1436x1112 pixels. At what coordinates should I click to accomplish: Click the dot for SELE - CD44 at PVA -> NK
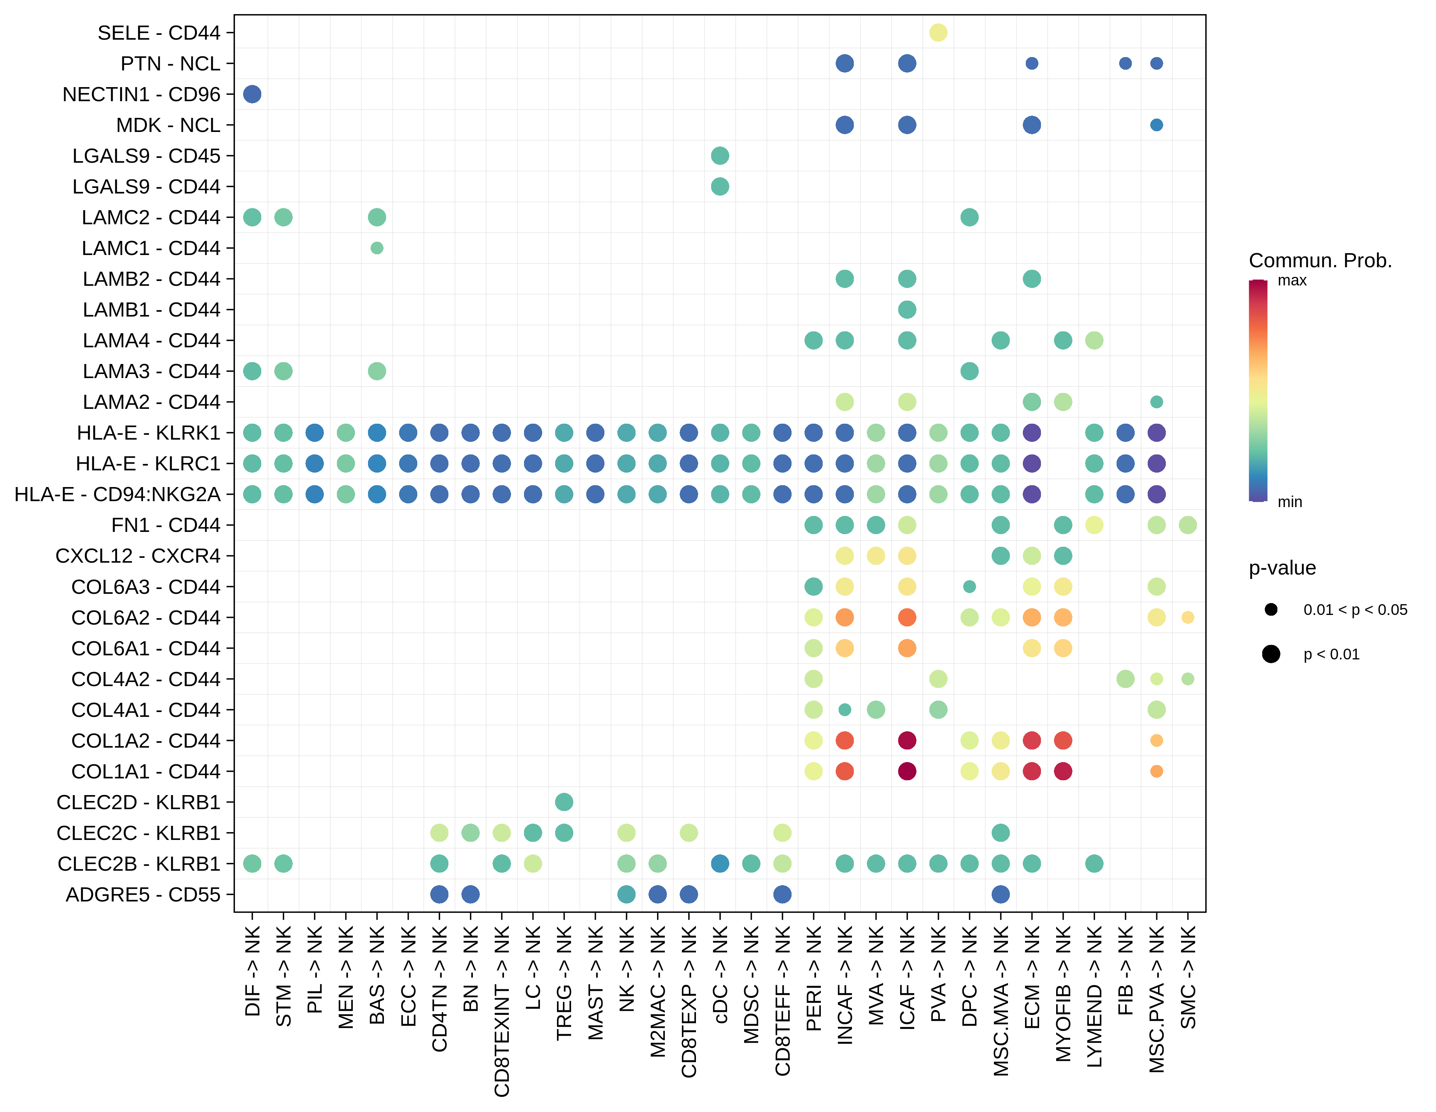pyautogui.click(x=938, y=32)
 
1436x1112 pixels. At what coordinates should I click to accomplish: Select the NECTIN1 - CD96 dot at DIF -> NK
pyautogui.click(x=252, y=94)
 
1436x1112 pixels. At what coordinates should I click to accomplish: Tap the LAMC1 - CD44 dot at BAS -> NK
pyautogui.click(x=377, y=248)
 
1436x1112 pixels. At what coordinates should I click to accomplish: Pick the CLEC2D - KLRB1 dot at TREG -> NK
pyautogui.click(x=564, y=802)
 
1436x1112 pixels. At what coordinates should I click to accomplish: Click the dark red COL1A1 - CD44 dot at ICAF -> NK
pyautogui.click(x=907, y=771)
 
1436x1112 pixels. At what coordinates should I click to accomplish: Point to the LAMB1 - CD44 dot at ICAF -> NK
pyautogui.click(x=907, y=309)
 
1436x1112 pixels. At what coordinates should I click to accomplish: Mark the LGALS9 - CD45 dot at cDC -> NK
pyautogui.click(x=720, y=156)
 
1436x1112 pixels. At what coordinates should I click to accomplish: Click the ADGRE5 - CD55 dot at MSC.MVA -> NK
pyautogui.click(x=1001, y=894)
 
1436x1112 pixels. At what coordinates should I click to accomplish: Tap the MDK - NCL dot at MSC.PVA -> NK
pyautogui.click(x=1157, y=125)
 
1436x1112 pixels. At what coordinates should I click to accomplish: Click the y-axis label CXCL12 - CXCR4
pyautogui.click(x=138, y=556)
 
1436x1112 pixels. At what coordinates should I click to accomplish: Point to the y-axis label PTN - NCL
pyautogui.click(x=170, y=63)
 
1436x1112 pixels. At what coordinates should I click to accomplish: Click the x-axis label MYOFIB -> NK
pyautogui.click(x=1063, y=993)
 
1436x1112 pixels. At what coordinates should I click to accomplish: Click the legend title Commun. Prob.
pyautogui.click(x=1320, y=261)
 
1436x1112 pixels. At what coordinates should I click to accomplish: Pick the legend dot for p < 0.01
pyautogui.click(x=1271, y=653)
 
